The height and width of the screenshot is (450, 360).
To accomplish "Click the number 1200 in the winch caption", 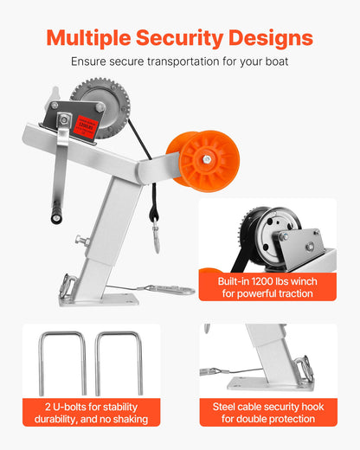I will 260,281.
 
